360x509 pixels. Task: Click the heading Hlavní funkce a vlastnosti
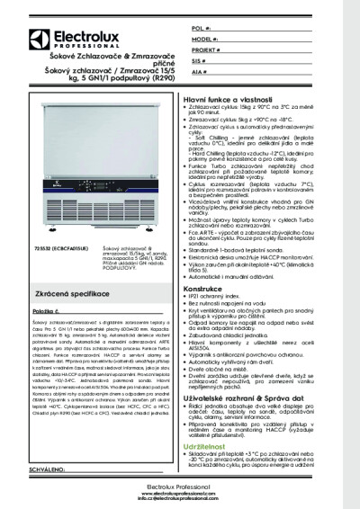click(x=226, y=94)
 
